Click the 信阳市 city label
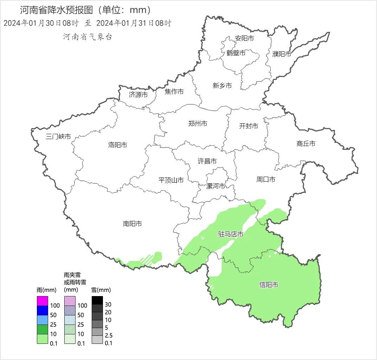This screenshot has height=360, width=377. click(269, 285)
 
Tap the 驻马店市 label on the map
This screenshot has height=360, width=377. click(230, 234)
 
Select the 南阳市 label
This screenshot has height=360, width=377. click(132, 223)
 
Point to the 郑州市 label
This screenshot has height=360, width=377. click(197, 123)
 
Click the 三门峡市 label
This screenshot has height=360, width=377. click(58, 137)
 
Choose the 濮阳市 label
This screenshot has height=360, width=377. click(282, 54)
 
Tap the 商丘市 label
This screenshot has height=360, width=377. click(306, 143)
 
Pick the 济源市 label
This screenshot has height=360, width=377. click(138, 95)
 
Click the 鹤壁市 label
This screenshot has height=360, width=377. click(236, 53)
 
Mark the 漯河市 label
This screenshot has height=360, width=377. click(215, 186)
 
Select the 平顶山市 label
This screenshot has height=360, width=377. click(171, 180)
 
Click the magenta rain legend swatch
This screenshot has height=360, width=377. click(42, 301)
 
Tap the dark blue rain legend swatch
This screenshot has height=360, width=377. click(42, 310)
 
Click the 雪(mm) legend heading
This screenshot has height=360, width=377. click(101, 290)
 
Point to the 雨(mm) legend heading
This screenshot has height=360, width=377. click(46, 290)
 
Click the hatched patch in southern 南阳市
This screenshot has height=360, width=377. click(147, 259)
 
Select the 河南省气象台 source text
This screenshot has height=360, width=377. click(87, 37)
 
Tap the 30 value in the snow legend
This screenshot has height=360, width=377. click(108, 305)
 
